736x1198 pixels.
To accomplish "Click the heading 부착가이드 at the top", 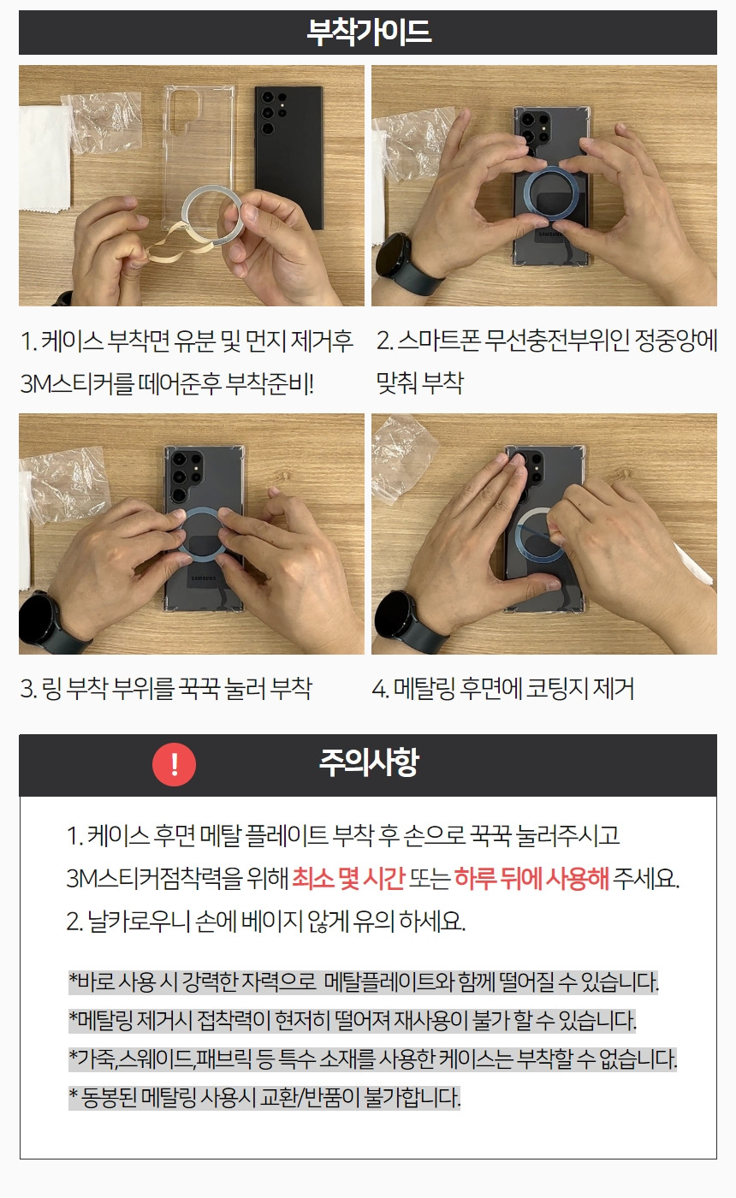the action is click(x=369, y=33).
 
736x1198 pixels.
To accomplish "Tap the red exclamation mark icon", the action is click(x=175, y=764).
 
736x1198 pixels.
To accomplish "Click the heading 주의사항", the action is click(x=369, y=762).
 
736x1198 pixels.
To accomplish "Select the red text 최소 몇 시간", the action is click(x=347, y=878).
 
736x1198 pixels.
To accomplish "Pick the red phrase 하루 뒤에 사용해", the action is click(x=531, y=878).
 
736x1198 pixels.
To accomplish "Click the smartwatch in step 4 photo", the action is click(x=406, y=620).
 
